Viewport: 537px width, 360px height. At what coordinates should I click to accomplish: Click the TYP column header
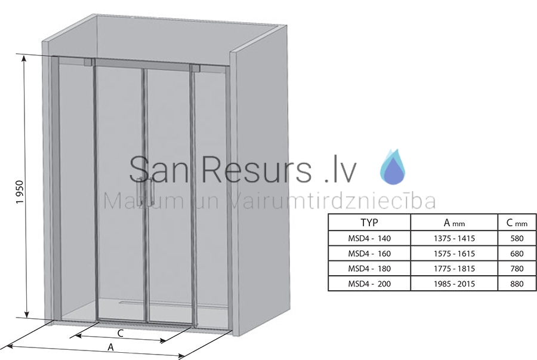[369, 223]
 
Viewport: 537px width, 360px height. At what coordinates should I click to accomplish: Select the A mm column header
[454, 223]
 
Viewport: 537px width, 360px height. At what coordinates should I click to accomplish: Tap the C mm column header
[517, 223]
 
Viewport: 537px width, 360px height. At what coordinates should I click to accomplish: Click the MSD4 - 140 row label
[369, 238]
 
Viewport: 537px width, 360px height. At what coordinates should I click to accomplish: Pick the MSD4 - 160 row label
[369, 254]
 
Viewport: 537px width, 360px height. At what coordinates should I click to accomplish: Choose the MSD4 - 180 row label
[369, 269]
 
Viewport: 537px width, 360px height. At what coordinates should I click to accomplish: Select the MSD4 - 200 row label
[369, 284]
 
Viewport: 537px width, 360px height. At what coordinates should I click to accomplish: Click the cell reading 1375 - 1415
[454, 238]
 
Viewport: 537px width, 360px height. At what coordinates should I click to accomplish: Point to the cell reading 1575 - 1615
[454, 254]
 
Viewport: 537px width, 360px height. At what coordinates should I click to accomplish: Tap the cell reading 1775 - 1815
[454, 269]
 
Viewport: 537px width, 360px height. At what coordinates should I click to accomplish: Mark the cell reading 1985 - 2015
[454, 284]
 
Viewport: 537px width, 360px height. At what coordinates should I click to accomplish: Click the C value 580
[517, 238]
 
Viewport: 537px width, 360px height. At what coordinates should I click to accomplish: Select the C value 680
[517, 254]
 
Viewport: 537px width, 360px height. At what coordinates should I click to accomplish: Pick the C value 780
[517, 269]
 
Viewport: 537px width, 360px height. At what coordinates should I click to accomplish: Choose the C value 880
[517, 284]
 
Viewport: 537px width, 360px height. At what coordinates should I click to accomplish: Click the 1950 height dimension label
[20, 192]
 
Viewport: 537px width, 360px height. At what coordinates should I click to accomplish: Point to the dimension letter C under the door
[120, 333]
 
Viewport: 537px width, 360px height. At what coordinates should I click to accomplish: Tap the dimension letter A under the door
[110, 347]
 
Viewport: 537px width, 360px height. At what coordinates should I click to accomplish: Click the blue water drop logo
[393, 167]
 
